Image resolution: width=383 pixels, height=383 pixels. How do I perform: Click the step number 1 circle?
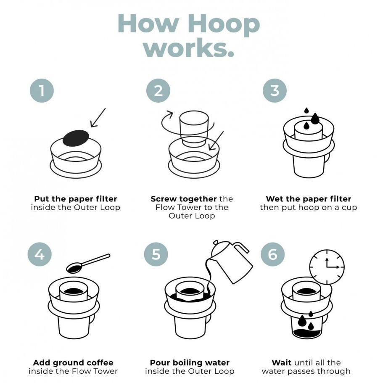[42, 90]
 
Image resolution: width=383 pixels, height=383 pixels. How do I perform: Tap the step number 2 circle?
[158, 90]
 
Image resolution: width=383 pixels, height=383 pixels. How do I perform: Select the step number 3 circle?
[275, 90]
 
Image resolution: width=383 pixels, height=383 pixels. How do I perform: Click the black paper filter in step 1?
[76, 137]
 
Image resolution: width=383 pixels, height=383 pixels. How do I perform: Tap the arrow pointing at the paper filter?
[98, 117]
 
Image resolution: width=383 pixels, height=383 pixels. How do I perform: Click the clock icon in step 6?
[327, 267]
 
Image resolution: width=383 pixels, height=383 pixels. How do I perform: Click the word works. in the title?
[189, 48]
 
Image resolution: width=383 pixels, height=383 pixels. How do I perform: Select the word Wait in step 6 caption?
[281, 362]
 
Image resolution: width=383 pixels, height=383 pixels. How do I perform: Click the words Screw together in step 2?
[183, 198]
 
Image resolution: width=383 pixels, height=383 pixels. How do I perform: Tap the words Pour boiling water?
[190, 362]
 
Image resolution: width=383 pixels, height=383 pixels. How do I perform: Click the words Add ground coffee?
[73, 362]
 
